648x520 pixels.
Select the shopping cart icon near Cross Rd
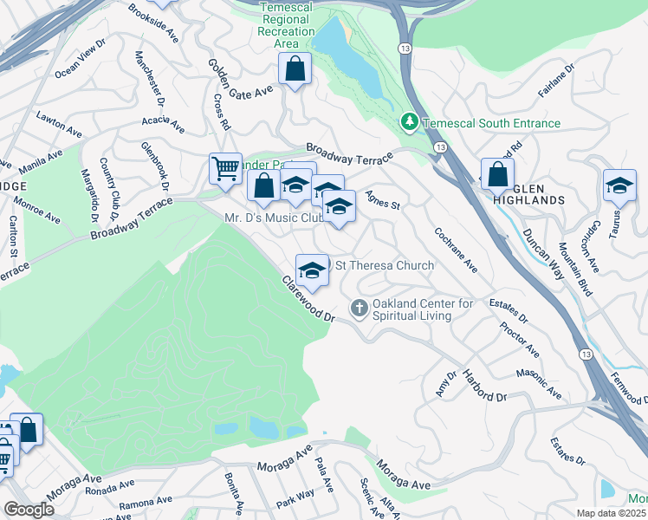tap(225, 168)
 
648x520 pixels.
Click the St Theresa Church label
tap(385, 265)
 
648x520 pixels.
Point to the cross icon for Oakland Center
tap(359, 308)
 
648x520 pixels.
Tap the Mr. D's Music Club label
tap(273, 218)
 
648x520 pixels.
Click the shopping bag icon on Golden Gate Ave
tap(295, 68)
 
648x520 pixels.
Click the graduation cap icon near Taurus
tap(619, 185)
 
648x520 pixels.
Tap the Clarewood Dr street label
tap(307, 299)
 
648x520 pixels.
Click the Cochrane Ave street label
tap(456, 249)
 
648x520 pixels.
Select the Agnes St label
tap(382, 200)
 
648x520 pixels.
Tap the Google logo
tap(29, 510)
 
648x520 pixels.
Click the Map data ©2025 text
tap(611, 513)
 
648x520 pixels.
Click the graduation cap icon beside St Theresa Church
tap(312, 270)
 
